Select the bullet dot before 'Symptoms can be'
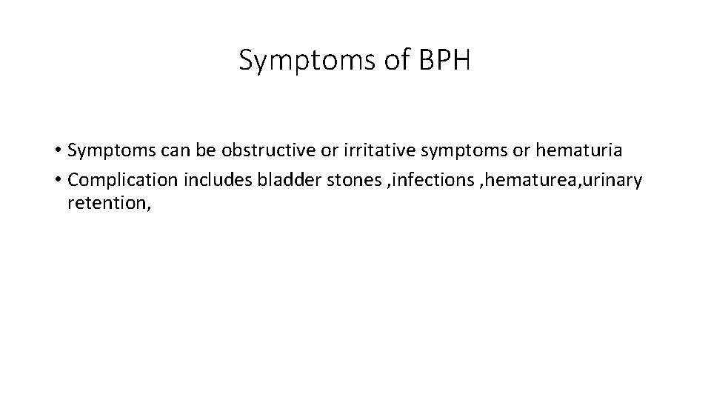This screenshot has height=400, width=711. [x=58, y=151]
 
